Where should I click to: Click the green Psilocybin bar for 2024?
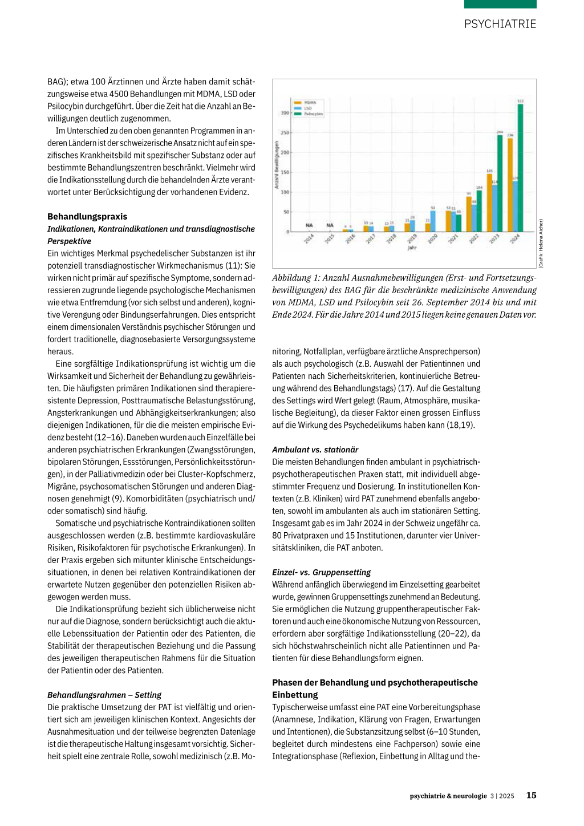pos(520,168)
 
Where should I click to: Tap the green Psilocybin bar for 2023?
pos(500,183)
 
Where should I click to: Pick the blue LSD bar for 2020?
pos(433,221)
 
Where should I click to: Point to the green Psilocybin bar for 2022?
pos(479,211)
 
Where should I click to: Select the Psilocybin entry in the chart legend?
pos(313,114)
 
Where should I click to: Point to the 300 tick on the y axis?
pos(285,113)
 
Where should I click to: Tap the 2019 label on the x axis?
pos(412,239)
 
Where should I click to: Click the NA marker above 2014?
pos(309,225)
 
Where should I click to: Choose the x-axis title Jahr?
pos(412,248)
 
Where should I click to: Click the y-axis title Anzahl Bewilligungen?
pos(277,165)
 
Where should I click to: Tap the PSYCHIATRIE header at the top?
pos(500,24)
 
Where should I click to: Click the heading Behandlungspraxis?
pos(87,217)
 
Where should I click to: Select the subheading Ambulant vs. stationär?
pos(315,450)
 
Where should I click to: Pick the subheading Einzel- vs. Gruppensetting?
pos(321,572)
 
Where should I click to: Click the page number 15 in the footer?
pos(531,795)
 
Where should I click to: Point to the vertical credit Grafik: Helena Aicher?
pos(541,244)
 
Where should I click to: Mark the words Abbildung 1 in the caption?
pos(295,278)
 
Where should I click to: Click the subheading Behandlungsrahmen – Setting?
pos(104,695)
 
